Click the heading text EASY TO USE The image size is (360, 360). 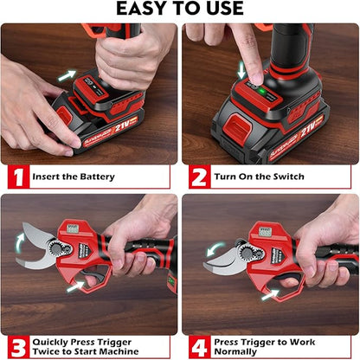coord(179,10)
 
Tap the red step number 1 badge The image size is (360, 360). coord(15,177)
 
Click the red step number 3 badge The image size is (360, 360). coord(15,345)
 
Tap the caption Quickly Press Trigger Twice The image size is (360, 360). coord(87,345)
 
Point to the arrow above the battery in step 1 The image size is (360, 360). coord(67,75)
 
